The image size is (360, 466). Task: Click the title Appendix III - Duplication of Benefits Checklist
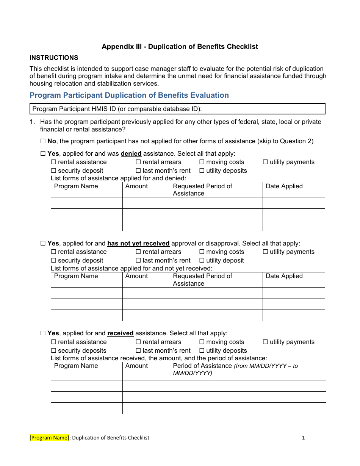click(x=180, y=47)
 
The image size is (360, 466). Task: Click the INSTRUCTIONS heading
click(x=54, y=58)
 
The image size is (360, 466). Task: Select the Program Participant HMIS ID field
click(x=177, y=109)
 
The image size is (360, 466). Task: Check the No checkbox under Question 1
click(x=43, y=141)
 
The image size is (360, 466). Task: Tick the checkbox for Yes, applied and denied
click(x=43, y=154)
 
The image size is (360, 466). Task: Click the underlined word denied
click(x=131, y=154)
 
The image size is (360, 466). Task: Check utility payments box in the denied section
click(x=265, y=162)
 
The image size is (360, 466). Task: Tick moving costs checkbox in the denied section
click(x=202, y=162)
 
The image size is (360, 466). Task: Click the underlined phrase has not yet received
click(x=138, y=244)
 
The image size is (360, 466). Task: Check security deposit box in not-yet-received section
click(x=53, y=261)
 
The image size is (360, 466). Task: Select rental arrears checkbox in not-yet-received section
click(x=138, y=252)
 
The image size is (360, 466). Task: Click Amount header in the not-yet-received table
click(x=136, y=276)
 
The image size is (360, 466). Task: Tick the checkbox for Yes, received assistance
click(x=43, y=333)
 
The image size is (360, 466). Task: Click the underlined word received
click(x=121, y=333)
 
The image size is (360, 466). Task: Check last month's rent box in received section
click(x=138, y=351)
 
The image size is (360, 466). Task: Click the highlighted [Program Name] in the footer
click(x=50, y=438)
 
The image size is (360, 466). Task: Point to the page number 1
click(x=303, y=438)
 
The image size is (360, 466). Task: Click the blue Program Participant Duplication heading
click(x=129, y=95)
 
